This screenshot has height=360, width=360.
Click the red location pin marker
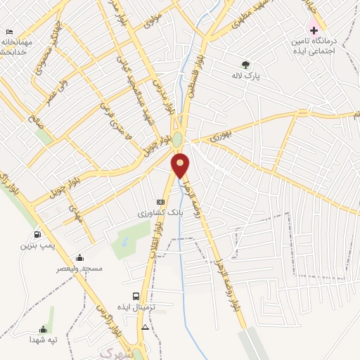(181, 165)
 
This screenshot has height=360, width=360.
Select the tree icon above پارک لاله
(245, 64)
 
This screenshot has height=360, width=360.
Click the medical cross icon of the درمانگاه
(314, 31)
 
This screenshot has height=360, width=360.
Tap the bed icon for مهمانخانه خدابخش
(9, 32)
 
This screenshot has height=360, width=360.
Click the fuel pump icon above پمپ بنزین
(37, 234)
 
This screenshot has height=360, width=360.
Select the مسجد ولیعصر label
(82, 268)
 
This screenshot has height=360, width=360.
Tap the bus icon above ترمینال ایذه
(135, 296)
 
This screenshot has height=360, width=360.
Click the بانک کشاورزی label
(160, 212)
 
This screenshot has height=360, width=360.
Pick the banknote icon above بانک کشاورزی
(160, 202)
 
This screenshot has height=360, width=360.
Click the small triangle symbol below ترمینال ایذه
(145, 327)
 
